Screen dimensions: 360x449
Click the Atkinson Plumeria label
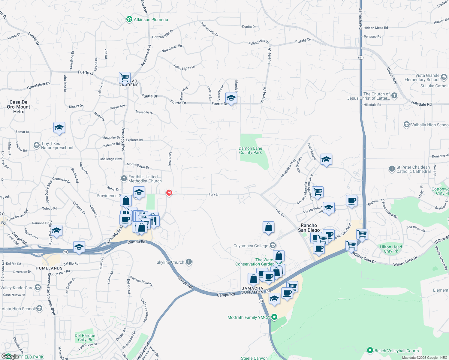click(151, 19)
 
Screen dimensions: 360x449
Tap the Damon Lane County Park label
click(250, 150)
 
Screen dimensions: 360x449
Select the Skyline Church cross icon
click(189, 262)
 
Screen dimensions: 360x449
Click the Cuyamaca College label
click(251, 246)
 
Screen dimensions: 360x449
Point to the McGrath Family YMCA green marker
click(274, 317)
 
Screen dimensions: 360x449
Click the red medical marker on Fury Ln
click(169, 193)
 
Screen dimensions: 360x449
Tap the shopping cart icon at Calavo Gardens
click(125, 77)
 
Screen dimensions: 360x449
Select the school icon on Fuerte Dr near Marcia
click(231, 98)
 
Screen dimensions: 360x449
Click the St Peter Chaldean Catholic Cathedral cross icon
click(392, 169)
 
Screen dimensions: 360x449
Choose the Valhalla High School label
click(429, 125)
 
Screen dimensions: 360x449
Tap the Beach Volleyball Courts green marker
click(370, 350)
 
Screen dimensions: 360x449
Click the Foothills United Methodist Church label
click(145, 179)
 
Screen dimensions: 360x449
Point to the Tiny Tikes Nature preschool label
click(57, 145)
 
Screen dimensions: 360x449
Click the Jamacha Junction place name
click(253, 290)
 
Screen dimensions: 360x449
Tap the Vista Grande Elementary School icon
click(444, 78)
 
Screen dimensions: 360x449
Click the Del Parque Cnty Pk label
click(85, 337)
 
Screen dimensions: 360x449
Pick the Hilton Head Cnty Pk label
click(391, 249)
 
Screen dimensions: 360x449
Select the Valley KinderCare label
click(17, 288)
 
